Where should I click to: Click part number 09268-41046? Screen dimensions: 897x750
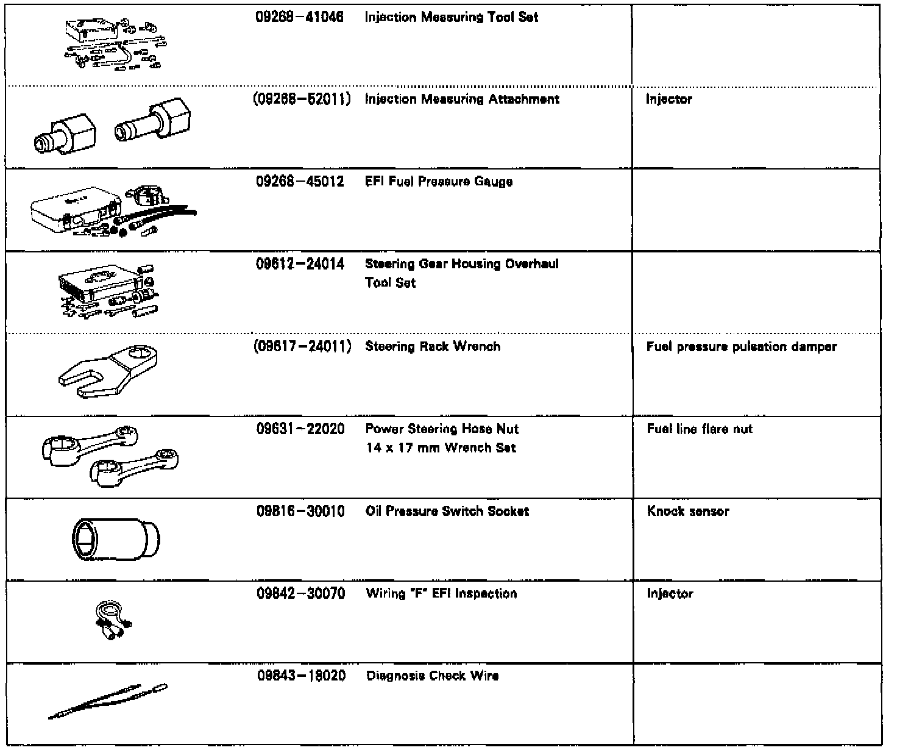coord(299,18)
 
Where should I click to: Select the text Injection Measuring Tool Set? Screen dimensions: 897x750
coord(451,18)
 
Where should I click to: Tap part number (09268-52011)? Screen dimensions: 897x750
coord(302,99)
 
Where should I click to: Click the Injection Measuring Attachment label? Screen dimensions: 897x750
coord(461,99)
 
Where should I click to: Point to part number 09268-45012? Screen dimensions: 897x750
coord(300,182)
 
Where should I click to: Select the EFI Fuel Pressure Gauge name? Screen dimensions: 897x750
coord(438,182)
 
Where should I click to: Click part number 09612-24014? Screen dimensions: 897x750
coord(300,264)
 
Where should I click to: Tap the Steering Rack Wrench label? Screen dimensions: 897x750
coord(433,347)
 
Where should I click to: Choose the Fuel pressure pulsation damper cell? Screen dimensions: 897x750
coord(741,347)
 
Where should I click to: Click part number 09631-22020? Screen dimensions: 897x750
coord(300,429)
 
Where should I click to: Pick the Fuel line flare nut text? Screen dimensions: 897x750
coord(700,429)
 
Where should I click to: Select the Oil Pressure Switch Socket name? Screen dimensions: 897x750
coord(447,512)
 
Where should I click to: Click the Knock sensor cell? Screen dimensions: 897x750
coord(688,512)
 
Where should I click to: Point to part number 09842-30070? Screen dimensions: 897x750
coord(300,594)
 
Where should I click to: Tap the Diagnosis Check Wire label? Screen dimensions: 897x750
coord(432,676)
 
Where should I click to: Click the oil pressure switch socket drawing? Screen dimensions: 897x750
coord(116,539)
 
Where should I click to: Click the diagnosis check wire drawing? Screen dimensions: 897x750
coord(107,702)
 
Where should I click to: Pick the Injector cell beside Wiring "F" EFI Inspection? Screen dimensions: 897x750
coord(670,594)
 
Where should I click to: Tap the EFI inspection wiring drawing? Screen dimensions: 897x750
coord(113,621)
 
